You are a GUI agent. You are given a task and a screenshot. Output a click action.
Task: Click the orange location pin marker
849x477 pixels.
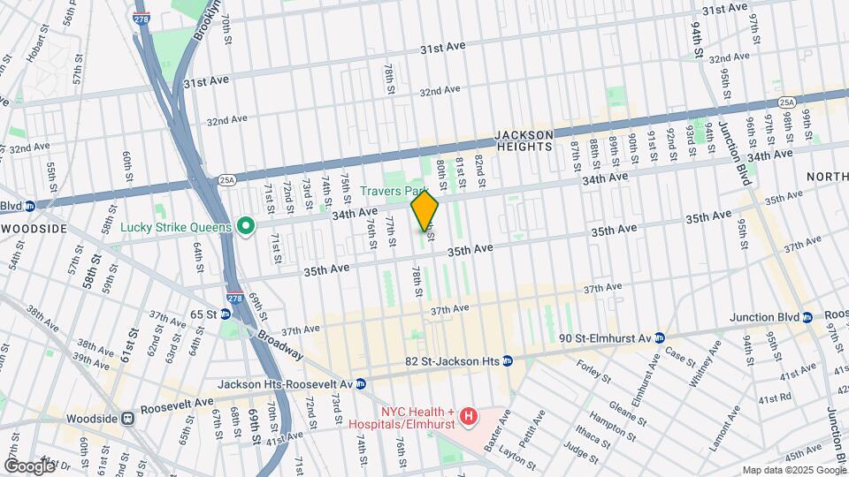click(424, 212)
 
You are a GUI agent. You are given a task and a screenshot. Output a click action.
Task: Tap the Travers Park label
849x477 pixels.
click(394, 190)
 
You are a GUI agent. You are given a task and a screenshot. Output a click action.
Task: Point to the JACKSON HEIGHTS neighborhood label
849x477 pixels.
click(524, 140)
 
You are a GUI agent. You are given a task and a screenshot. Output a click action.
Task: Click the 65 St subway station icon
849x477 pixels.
click(226, 314)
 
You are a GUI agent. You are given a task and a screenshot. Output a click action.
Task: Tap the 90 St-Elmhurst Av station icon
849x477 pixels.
click(660, 337)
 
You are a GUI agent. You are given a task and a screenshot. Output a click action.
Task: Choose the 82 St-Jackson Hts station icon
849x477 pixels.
click(507, 360)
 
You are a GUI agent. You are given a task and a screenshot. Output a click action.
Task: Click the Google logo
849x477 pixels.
click(30, 466)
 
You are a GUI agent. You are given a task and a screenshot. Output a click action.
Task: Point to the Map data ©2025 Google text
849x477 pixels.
click(793, 470)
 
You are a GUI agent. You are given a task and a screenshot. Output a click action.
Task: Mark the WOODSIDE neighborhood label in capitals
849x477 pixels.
click(34, 228)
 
